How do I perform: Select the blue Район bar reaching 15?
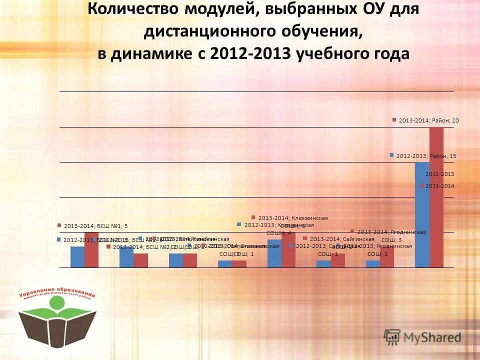point(422,214)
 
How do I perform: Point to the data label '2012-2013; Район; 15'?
point(426,156)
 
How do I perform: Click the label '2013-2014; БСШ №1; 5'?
point(95,225)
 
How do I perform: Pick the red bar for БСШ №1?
point(91,249)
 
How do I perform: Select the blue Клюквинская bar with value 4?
point(274,253)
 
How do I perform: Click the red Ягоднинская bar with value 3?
point(387,257)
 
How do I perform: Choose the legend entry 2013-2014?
point(438,186)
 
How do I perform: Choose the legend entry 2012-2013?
point(439,174)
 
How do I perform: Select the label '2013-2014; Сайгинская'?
point(341,239)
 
